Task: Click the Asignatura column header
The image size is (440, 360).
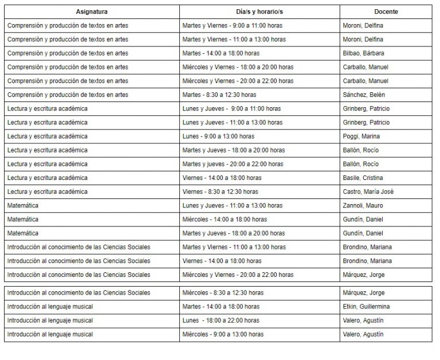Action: pyautogui.click(x=92, y=11)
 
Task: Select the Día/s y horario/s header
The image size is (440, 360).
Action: pyautogui.click(x=260, y=11)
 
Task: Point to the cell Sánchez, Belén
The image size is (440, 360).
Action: pyautogui.click(x=362, y=95)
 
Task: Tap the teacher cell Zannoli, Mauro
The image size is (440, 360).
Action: pyautogui.click(x=363, y=205)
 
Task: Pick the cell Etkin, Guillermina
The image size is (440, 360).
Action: pyautogui.click(x=366, y=307)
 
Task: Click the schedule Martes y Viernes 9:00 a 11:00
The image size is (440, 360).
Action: pyautogui.click(x=232, y=26)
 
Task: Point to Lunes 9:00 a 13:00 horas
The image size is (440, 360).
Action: pyautogui.click(x=218, y=136)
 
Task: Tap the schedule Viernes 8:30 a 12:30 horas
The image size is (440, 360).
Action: pyautogui.click(x=220, y=191)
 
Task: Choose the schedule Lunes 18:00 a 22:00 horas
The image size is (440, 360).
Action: pyautogui.click(x=221, y=320)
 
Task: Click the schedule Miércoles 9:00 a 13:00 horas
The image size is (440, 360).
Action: pyautogui.click(x=223, y=334)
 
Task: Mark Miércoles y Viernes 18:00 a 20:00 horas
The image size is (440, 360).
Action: pyautogui.click(x=237, y=67)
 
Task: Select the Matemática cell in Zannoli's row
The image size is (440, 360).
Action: pyautogui.click(x=23, y=205)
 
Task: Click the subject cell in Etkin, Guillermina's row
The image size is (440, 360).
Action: pyautogui.click(x=50, y=307)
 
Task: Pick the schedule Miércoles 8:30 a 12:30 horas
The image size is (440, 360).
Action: pyautogui.click(x=223, y=293)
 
